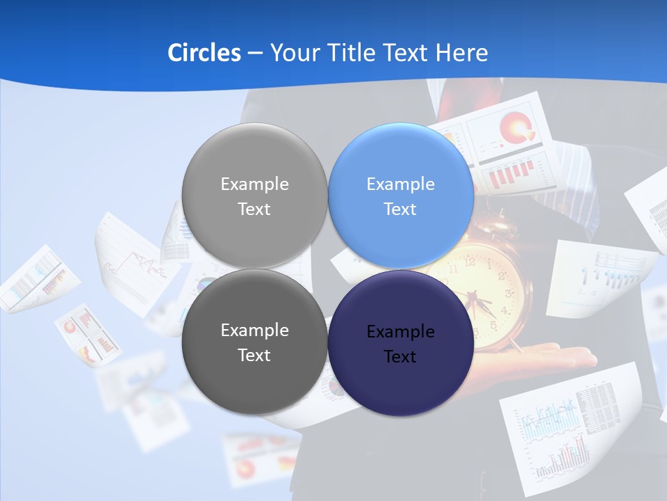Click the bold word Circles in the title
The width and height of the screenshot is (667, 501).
pyautogui.click(x=204, y=53)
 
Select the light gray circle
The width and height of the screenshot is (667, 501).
pyautogui.click(x=254, y=196)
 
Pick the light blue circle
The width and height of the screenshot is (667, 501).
pyautogui.click(x=400, y=196)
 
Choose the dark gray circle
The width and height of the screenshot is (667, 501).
pyautogui.click(x=254, y=342)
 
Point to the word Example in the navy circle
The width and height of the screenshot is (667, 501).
pyautogui.click(x=400, y=332)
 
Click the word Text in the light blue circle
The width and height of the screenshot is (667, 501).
pyautogui.click(x=400, y=209)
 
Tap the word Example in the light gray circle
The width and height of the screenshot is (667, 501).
pyautogui.click(x=254, y=184)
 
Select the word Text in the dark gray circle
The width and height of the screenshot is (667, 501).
pyautogui.click(x=254, y=355)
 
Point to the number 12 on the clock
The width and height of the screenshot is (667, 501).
pyautogui.click(x=469, y=262)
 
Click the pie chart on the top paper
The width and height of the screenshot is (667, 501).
pyautogui.click(x=516, y=126)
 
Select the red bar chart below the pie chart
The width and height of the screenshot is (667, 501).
pyautogui.click(x=511, y=174)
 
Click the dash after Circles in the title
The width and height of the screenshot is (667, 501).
pyautogui.click(x=254, y=54)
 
